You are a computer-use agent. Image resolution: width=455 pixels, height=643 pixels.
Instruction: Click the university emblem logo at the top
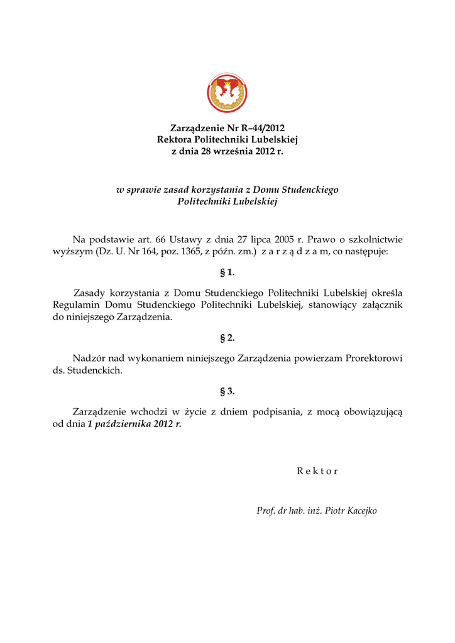(x=227, y=93)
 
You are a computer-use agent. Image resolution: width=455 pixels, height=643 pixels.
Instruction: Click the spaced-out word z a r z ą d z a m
(x=293, y=251)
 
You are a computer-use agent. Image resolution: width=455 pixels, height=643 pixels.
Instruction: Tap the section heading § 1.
(x=227, y=273)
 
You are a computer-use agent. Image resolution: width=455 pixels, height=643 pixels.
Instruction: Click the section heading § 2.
(x=227, y=338)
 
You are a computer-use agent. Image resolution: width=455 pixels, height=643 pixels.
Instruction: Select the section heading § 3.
(x=227, y=391)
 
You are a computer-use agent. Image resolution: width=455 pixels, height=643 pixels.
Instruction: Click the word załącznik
(x=378, y=305)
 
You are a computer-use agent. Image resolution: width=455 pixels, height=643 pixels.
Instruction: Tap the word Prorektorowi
(x=373, y=359)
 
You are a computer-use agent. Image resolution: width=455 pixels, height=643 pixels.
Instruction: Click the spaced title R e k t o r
(x=317, y=472)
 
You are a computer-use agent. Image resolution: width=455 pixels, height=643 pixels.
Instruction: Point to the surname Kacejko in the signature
(x=359, y=511)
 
